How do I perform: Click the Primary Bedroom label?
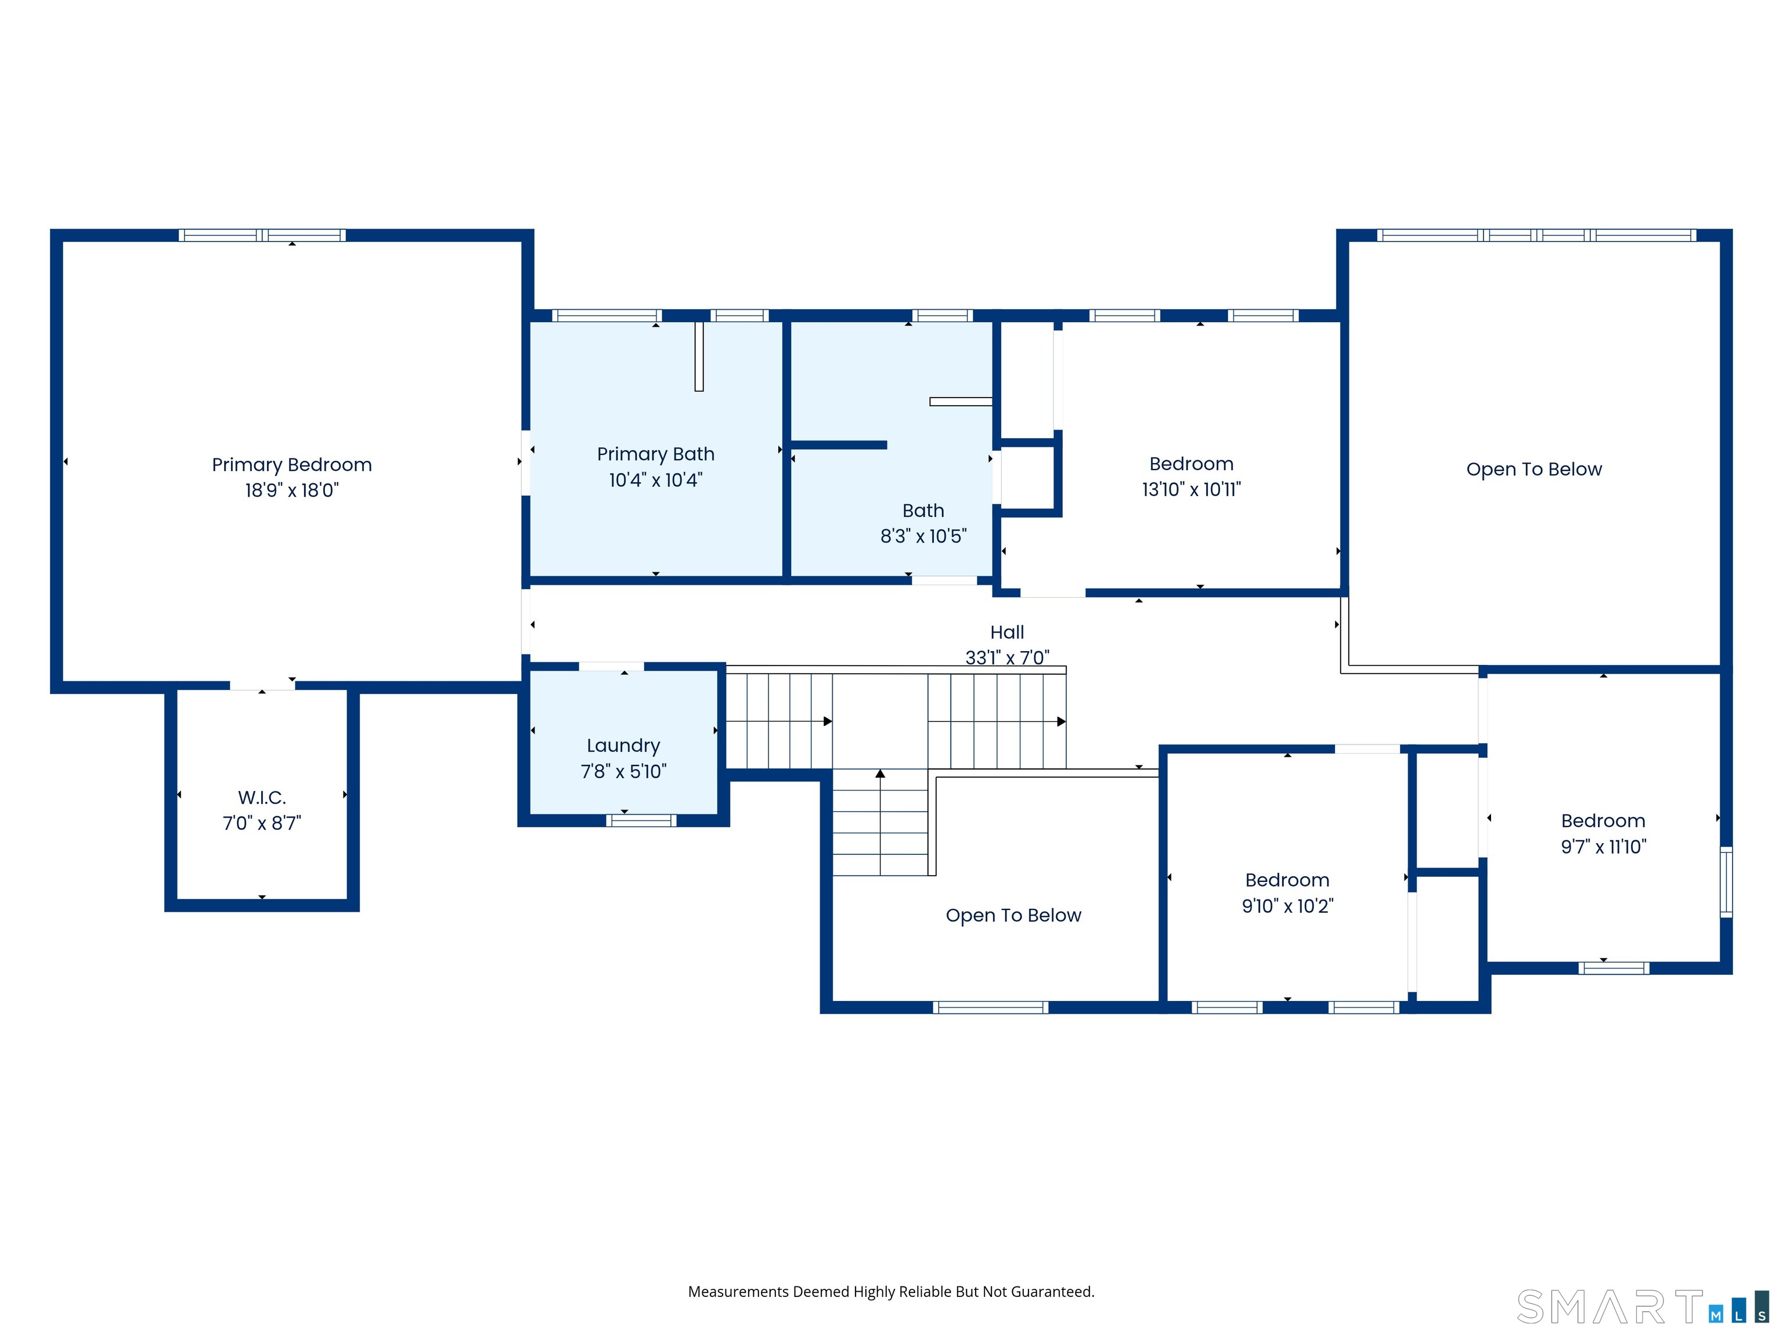(x=292, y=465)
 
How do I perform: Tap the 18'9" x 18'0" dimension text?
(x=292, y=490)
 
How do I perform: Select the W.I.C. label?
(x=262, y=798)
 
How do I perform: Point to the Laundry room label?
(x=623, y=746)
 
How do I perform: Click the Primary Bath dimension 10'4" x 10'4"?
(x=655, y=480)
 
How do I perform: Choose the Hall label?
(x=1007, y=633)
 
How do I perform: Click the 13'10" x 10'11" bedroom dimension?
(x=1192, y=489)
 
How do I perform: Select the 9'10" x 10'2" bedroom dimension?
(x=1287, y=906)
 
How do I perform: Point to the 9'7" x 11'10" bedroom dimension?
(x=1603, y=846)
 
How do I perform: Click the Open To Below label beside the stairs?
(x=1013, y=916)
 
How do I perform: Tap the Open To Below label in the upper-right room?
(x=1534, y=469)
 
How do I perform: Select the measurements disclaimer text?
(x=891, y=1292)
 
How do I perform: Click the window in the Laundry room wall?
(x=641, y=821)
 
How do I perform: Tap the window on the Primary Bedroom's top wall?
(x=262, y=236)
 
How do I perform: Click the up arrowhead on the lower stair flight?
(x=880, y=774)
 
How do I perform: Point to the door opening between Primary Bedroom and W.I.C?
(x=262, y=686)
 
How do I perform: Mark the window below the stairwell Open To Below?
(x=991, y=1007)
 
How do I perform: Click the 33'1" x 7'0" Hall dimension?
(x=1008, y=657)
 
